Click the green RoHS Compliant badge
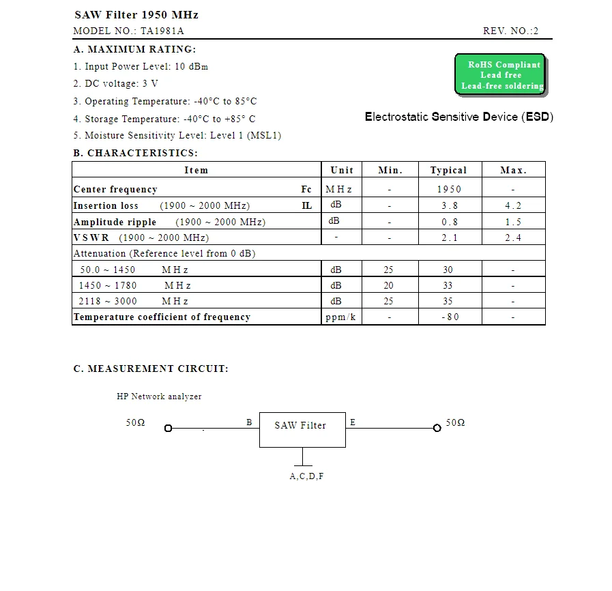(500, 75)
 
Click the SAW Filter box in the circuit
(302, 429)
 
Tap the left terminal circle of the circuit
(168, 429)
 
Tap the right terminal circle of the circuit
(437, 428)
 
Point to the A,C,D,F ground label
(306, 476)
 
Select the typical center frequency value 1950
(449, 189)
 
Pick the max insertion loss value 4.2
(513, 205)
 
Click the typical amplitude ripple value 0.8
(449, 222)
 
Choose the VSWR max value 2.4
(513, 237)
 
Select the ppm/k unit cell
(341, 317)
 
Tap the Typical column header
(448, 170)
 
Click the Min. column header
(390, 170)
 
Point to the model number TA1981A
(162, 31)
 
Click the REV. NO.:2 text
(511, 31)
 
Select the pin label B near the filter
(250, 422)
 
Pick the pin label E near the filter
(353, 422)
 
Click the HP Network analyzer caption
(159, 397)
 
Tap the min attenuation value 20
(389, 285)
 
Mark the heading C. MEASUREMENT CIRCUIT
(151, 369)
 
